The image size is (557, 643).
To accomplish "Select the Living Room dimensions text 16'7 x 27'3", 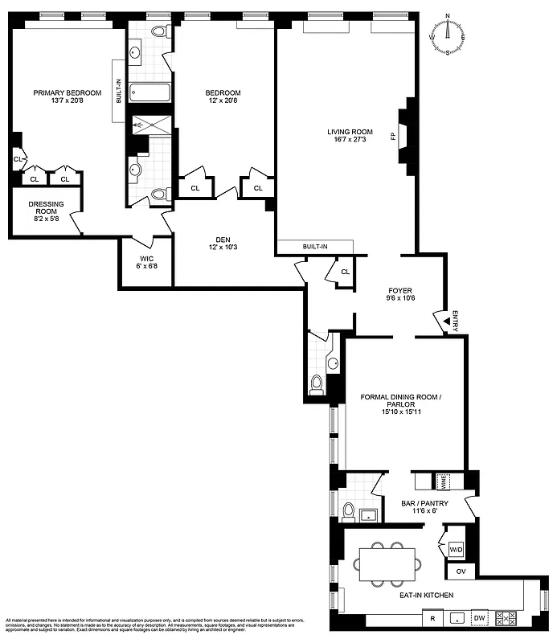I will click(346, 141).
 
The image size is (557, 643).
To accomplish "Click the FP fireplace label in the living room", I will click(393, 136).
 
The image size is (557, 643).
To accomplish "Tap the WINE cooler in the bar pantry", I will click(441, 481).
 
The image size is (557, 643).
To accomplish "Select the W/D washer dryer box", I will click(456, 550).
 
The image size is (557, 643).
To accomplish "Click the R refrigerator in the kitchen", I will click(432, 619).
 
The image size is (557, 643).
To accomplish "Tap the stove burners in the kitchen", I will click(507, 618).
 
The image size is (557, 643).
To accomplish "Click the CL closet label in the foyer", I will click(345, 272).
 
